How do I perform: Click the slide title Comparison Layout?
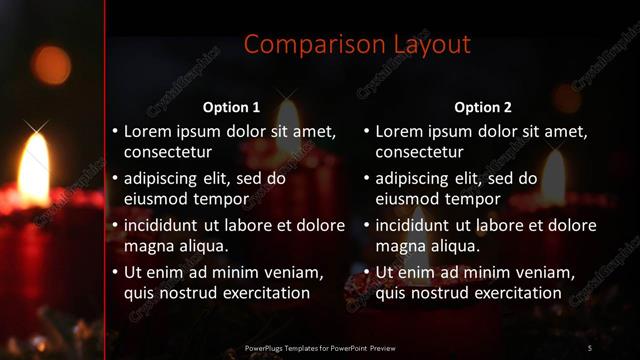[x=357, y=45]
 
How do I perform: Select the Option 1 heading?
[x=231, y=107]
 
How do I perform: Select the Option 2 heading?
[x=483, y=107]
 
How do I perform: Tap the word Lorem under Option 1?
[x=148, y=131]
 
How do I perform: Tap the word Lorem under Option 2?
[x=400, y=131]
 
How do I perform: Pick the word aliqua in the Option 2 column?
[x=453, y=246]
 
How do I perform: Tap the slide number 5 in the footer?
[x=589, y=347]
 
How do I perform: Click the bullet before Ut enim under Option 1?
[x=115, y=272]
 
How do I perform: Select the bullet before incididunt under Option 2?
[x=367, y=225]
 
